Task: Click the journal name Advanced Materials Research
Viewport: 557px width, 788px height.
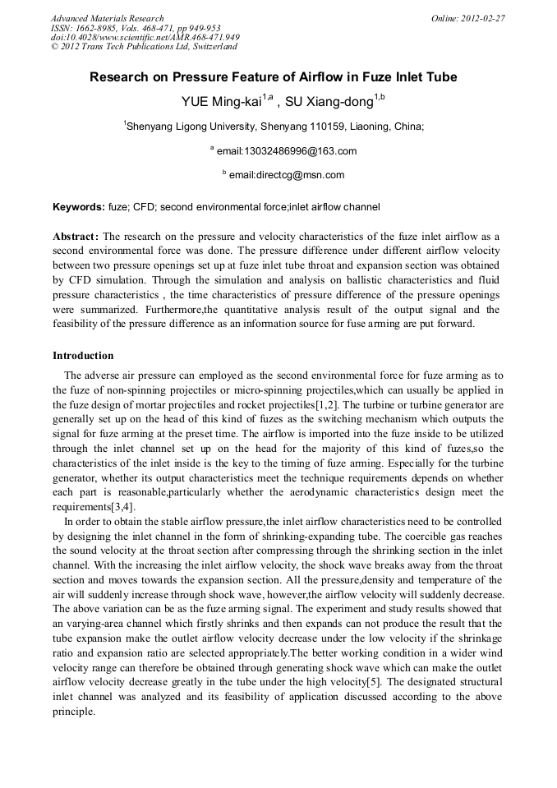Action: pos(107,18)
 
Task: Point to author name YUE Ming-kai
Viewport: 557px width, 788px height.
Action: pos(221,103)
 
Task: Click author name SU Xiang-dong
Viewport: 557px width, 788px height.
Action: pos(328,103)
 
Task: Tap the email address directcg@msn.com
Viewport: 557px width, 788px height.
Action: pos(287,175)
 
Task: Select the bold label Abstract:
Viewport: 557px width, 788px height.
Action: pos(76,236)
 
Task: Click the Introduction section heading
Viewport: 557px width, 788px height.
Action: pos(83,356)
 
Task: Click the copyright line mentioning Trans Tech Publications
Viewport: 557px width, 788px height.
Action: pos(144,47)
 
